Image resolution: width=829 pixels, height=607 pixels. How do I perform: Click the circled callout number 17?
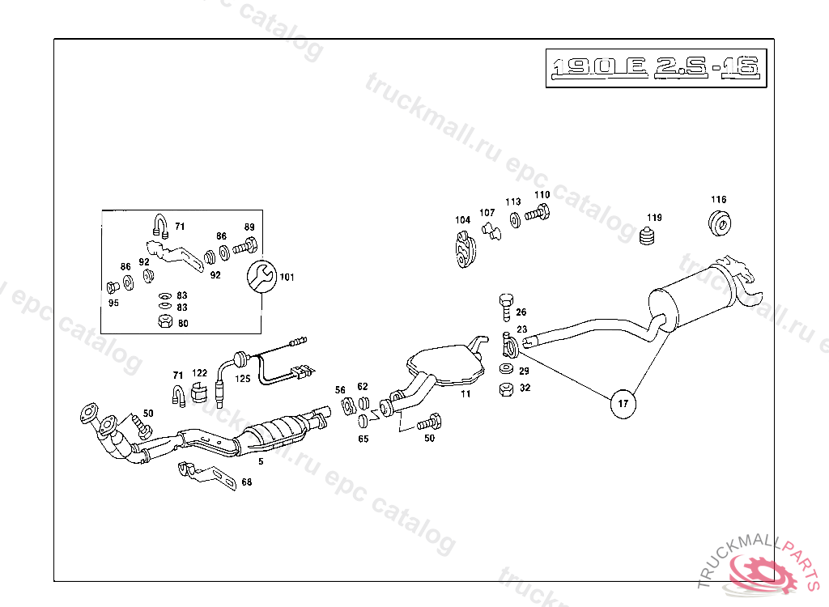tap(623, 402)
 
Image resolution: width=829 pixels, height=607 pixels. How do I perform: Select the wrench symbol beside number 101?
tap(261, 277)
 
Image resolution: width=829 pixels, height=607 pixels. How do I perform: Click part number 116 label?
tap(719, 199)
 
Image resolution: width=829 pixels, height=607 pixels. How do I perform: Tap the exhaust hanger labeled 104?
tap(462, 247)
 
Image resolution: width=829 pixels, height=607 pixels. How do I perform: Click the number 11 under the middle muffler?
tap(465, 394)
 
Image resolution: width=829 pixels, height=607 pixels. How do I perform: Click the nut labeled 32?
tap(504, 388)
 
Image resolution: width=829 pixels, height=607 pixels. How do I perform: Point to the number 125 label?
tap(243, 378)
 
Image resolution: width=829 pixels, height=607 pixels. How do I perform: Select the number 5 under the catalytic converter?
tap(261, 461)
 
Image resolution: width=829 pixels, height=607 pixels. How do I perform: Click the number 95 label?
tap(113, 303)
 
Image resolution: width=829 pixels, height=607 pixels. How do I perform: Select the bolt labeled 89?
tap(244, 246)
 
